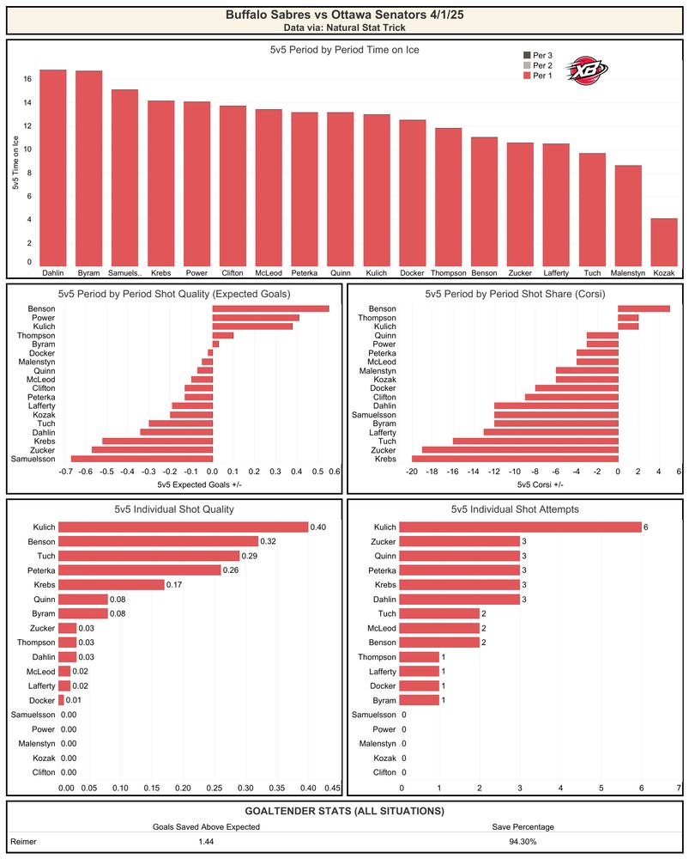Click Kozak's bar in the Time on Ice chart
[664, 243]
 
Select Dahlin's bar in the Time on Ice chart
[53, 168]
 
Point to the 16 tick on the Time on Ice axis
[27, 79]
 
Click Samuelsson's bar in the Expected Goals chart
[142, 459]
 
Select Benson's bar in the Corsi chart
[644, 309]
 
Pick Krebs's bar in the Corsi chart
[515, 459]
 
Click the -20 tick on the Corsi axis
[412, 472]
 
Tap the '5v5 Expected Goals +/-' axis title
[199, 484]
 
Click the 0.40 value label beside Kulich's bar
[318, 527]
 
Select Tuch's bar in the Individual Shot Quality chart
[148, 556]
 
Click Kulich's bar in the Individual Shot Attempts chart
[520, 527]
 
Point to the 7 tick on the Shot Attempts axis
[680, 788]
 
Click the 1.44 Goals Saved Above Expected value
[206, 842]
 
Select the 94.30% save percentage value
[523, 842]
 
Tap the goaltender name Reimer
[23, 842]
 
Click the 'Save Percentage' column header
[523, 826]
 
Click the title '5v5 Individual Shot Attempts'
[515, 509]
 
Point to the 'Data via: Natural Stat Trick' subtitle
[345, 27]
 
